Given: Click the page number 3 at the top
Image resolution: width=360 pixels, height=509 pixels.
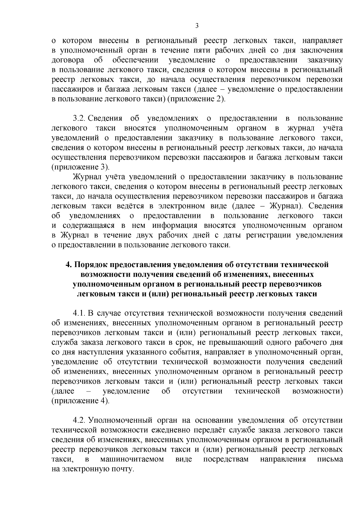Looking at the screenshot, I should tap(197, 26).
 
